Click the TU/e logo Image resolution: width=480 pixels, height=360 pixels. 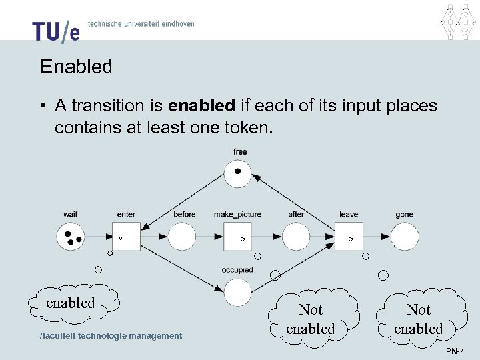tap(55, 30)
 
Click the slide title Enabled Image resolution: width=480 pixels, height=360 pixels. tap(76, 67)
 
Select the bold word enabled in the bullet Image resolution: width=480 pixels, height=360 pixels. tap(202, 106)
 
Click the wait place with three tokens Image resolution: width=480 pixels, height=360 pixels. tap(71, 236)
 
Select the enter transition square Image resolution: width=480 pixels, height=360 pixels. tap(126, 237)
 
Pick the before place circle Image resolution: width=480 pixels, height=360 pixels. tap(182, 237)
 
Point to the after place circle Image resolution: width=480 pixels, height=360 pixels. tap(296, 237)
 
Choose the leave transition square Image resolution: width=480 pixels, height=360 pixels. tap(348, 237)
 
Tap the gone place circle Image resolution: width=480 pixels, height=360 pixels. tap(405, 237)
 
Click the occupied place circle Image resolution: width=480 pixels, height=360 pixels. tap(238, 292)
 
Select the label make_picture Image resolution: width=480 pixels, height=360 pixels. tap(237, 215)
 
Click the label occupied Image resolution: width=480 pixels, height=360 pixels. tap(237, 270)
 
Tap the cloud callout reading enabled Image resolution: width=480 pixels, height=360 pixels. tap(72, 303)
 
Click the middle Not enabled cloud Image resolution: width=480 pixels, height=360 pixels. tap(311, 319)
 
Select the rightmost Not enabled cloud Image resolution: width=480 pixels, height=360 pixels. tap(419, 319)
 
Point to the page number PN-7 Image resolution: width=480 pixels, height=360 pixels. tap(455, 351)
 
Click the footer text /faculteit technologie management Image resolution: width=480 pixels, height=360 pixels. tap(111, 336)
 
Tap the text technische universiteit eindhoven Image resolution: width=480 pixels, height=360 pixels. tap(141, 23)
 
